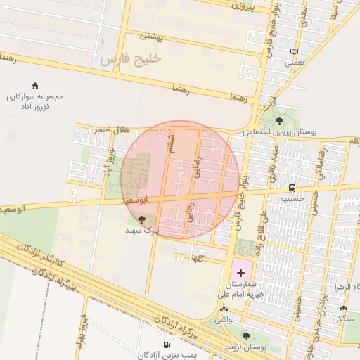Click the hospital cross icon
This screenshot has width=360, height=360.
[x=240, y=272]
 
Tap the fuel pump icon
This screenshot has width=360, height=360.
[x=166, y=345]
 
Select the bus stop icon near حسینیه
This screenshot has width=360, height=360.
[x=292, y=188]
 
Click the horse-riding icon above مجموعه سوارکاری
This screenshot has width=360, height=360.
[x=35, y=86]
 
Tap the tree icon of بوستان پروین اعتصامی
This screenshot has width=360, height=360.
[x=280, y=120]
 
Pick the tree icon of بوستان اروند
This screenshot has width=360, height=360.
[x=245, y=335]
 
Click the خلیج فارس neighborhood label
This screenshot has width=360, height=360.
[x=131, y=59]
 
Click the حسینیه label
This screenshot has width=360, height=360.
[x=292, y=198]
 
